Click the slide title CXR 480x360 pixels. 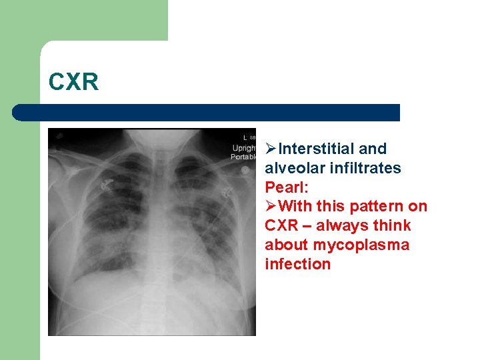tap(73, 82)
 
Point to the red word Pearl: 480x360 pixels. tap(285, 187)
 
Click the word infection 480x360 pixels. tap(297, 265)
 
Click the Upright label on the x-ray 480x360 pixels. tap(243, 147)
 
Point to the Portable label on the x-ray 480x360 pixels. tap(243, 157)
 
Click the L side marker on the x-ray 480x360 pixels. tap(245, 137)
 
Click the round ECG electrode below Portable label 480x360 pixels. tap(245, 170)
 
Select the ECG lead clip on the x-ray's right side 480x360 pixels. tap(229, 189)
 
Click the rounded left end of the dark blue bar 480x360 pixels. tap(19, 113)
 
